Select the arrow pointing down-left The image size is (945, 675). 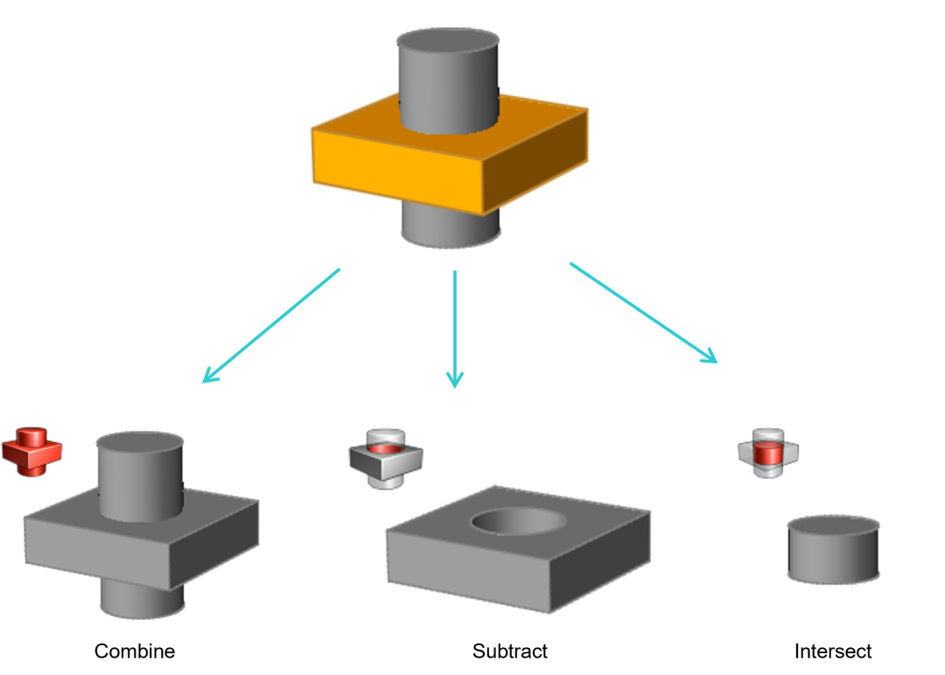(x=270, y=326)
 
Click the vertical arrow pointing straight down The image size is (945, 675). (x=455, y=328)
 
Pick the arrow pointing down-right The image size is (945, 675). (x=643, y=313)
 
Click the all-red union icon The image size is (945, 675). (x=31, y=452)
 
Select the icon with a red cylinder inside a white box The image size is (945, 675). (x=768, y=453)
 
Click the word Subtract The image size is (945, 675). (x=509, y=649)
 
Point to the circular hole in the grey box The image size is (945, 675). (x=517, y=522)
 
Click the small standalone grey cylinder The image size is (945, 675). (x=833, y=549)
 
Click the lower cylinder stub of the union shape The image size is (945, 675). (x=142, y=599)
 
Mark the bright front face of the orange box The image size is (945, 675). (x=398, y=171)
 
